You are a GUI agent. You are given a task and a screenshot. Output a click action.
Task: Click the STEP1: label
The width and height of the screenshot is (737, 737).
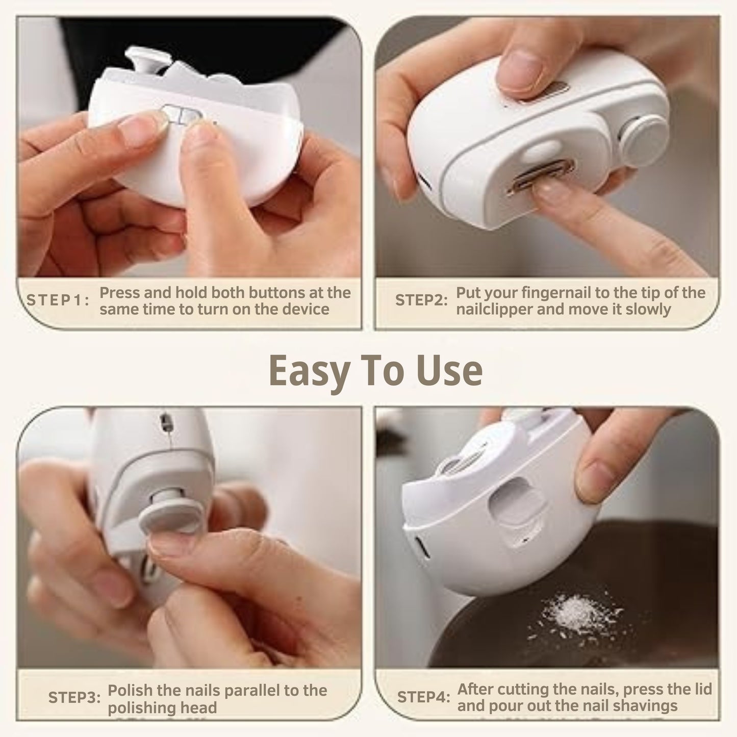pyautogui.click(x=58, y=300)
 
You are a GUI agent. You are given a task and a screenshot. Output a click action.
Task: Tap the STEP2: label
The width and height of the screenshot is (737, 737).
pyautogui.click(x=421, y=300)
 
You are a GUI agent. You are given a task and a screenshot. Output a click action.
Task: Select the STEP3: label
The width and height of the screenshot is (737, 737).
pyautogui.click(x=74, y=698)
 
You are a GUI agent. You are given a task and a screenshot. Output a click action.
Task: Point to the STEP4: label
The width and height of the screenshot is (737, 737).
pyautogui.click(x=423, y=697)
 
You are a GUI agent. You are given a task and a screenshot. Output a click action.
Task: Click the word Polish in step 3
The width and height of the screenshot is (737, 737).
pyautogui.click(x=130, y=691)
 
